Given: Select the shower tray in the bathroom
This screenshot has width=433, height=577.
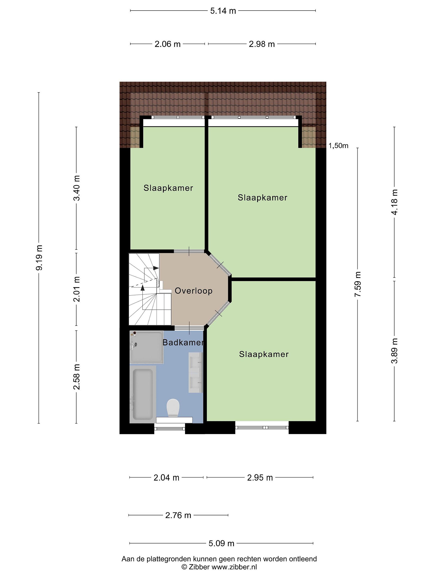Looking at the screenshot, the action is click(146, 347).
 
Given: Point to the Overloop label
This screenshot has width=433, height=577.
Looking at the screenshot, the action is click(193, 291).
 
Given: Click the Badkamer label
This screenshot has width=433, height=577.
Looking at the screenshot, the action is click(183, 343).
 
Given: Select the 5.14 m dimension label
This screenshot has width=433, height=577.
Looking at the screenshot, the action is click(223, 11).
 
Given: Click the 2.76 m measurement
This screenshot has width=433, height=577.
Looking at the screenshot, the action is click(178, 515).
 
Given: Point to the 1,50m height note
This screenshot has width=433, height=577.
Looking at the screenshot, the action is click(338, 146).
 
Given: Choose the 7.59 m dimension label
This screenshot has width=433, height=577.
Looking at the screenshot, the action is click(358, 284).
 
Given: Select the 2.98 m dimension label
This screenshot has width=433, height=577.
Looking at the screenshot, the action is click(262, 44).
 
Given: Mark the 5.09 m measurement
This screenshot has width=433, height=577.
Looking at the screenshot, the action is click(221, 543).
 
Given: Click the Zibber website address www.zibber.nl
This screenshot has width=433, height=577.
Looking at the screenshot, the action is click(234, 567).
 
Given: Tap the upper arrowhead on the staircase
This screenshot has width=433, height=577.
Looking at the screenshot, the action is click(156, 268).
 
